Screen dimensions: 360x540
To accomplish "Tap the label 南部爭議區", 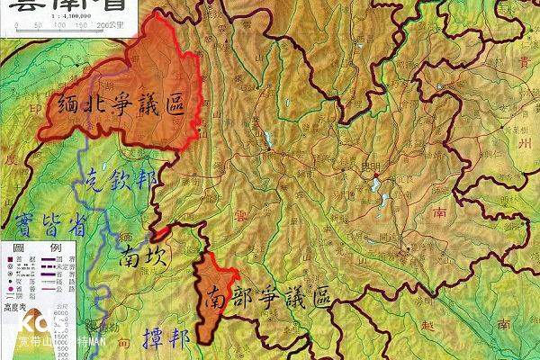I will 266,296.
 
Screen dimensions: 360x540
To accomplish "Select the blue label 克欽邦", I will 123,180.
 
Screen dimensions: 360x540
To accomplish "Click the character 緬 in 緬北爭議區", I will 70,107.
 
